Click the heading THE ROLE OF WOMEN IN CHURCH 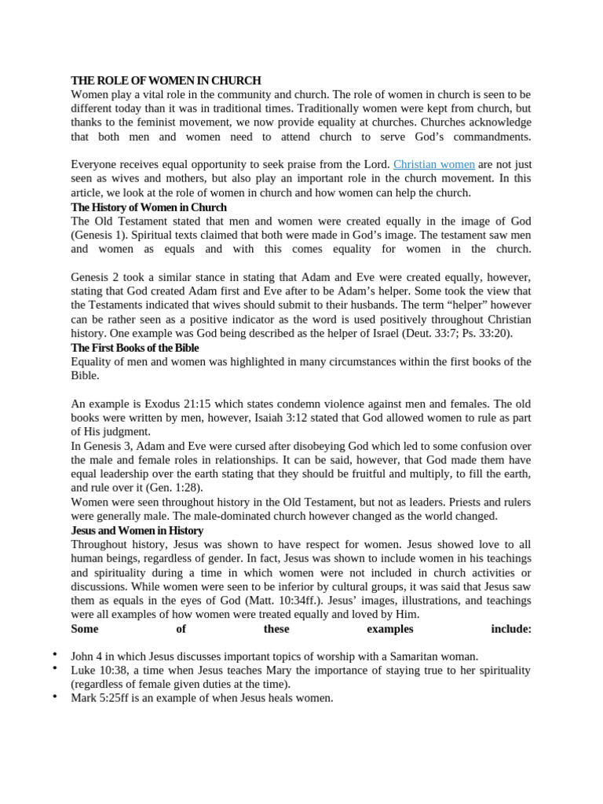[166, 81]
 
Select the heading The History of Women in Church [148, 207]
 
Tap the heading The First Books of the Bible [134, 348]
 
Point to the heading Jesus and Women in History [137, 531]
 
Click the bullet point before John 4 [55, 655]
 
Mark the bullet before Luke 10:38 [55, 668]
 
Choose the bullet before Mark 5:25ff [55, 696]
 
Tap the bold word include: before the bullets [511, 629]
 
